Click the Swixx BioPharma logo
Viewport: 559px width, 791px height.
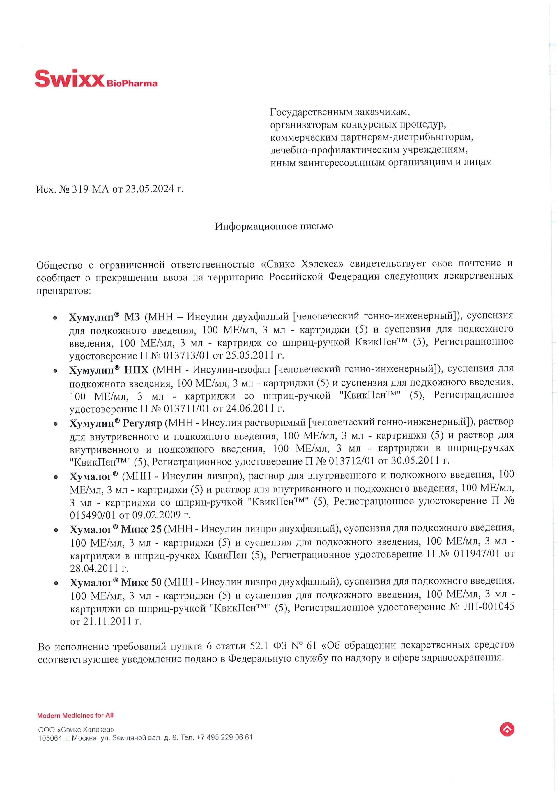[x=96, y=79]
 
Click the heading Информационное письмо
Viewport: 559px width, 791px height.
[x=274, y=226]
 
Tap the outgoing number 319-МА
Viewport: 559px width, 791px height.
[x=90, y=189]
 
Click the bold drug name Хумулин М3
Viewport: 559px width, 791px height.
[x=105, y=316]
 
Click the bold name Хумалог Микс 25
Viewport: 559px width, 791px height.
[x=116, y=529]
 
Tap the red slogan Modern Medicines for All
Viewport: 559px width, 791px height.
[x=75, y=715]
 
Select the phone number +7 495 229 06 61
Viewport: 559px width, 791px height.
[x=224, y=737]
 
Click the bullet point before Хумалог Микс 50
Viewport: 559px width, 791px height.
[x=56, y=584]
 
